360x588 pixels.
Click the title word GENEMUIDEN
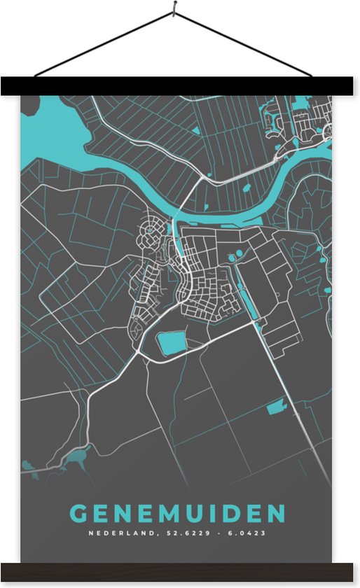(x=179, y=514)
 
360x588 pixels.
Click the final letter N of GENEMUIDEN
(x=277, y=514)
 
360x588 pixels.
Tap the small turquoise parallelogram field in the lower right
(x=277, y=405)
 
